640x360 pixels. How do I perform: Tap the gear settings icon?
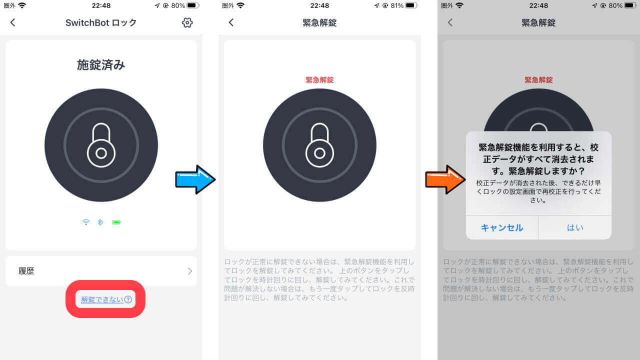point(187,22)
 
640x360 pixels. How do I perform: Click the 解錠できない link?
point(102,299)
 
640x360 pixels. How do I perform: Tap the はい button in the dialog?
point(575,227)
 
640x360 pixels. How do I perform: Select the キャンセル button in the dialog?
point(502,227)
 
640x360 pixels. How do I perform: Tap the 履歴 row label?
point(26,271)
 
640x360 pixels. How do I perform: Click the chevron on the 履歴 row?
point(190,271)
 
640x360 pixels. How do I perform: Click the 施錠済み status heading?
point(101,65)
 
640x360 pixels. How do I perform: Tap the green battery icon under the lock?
point(116,222)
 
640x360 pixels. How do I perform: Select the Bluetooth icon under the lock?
point(100,222)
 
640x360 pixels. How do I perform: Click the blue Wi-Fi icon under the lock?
point(86,222)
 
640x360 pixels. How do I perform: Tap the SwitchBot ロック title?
point(101,22)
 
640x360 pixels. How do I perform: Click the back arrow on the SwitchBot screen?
point(12,22)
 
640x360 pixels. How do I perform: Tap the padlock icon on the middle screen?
point(319,145)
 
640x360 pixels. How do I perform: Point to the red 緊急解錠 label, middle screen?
point(319,80)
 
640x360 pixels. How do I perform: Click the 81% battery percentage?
point(397,5)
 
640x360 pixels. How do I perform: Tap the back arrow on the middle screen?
point(231,22)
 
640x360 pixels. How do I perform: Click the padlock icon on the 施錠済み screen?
point(101,145)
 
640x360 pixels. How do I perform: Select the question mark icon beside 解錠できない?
point(128,299)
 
